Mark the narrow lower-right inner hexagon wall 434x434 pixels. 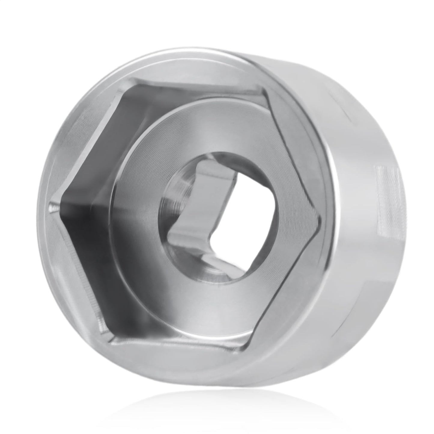(x=285, y=288)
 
